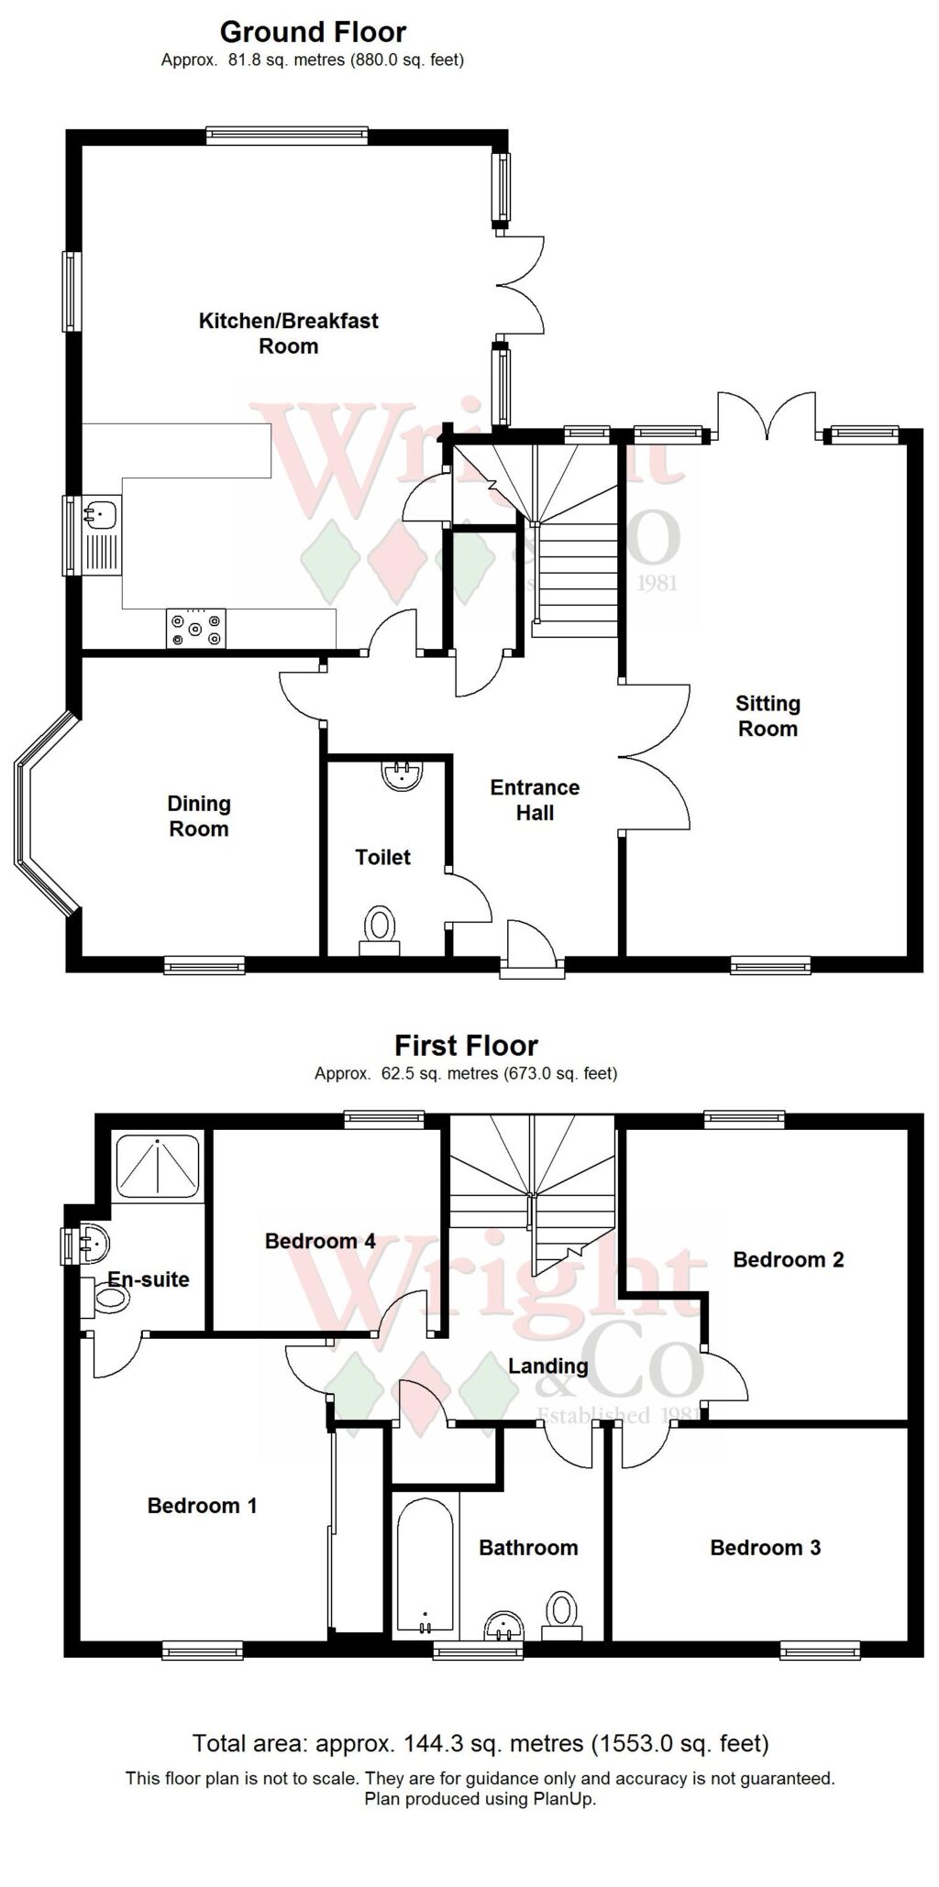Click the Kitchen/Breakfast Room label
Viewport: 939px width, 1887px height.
tap(288, 334)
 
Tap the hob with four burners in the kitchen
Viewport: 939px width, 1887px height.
tap(195, 629)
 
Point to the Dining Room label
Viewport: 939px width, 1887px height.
tap(199, 816)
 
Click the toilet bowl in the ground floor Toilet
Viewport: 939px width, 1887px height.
tap(380, 926)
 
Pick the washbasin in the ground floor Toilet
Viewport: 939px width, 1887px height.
tap(401, 774)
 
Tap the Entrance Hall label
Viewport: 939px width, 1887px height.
tap(535, 800)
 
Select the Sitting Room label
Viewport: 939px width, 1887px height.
tap(768, 716)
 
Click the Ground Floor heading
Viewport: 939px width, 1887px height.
tap(313, 33)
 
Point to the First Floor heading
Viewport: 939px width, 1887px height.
tap(466, 1046)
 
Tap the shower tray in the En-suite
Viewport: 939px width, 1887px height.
tap(157, 1167)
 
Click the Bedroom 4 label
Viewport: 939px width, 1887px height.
tap(320, 1241)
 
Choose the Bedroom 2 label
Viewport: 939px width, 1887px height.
tap(788, 1259)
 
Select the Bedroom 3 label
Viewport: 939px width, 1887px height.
tap(765, 1548)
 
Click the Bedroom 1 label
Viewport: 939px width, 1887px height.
tap(202, 1506)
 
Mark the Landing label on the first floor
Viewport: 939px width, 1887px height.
tap(547, 1366)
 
